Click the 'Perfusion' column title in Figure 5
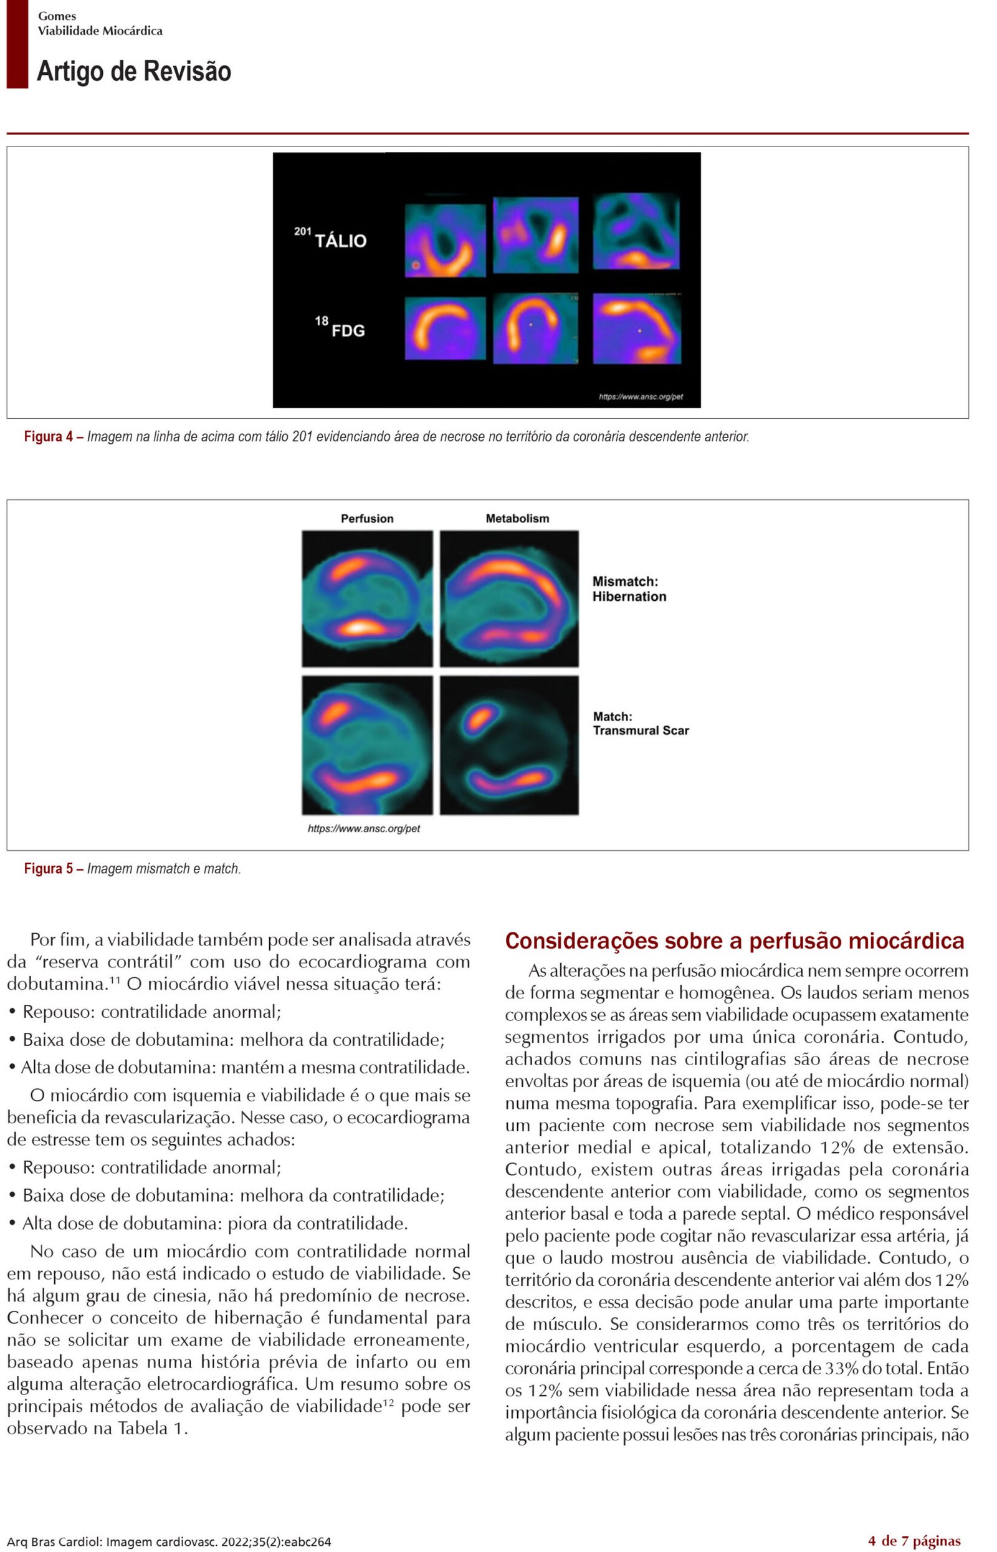click(367, 519)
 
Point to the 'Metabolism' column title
click(517, 519)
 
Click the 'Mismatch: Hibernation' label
click(629, 589)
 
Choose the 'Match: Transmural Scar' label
click(641, 723)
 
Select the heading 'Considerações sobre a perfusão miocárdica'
click(734, 941)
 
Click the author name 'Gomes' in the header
click(57, 16)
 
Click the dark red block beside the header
click(17, 44)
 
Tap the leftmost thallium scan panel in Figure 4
click(445, 240)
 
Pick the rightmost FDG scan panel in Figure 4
click(636, 328)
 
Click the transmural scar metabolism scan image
click(509, 745)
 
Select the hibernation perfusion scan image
click(367, 599)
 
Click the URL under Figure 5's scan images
click(364, 829)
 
